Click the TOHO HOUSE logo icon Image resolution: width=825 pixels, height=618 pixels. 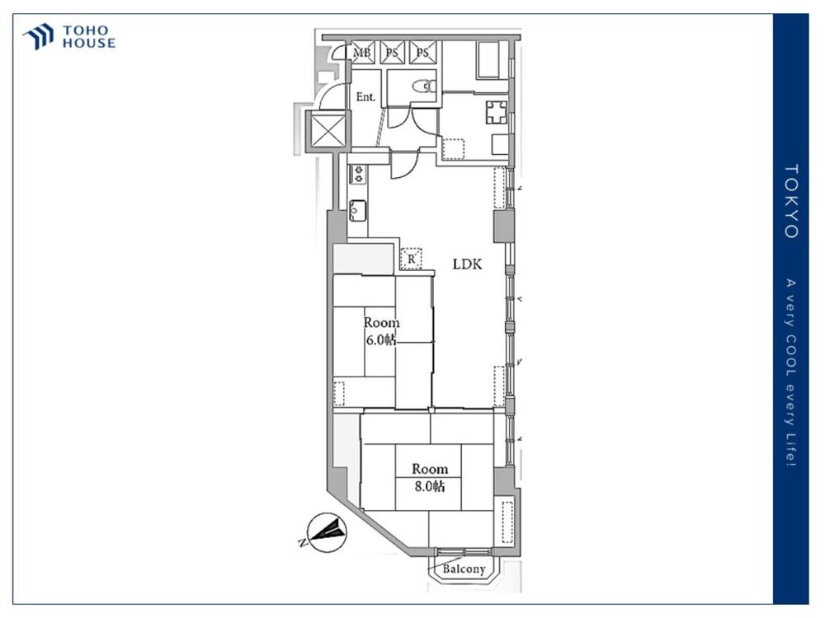click(x=38, y=36)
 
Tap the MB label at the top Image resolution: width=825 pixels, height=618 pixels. click(x=361, y=54)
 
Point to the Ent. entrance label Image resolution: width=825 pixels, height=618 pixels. click(x=365, y=97)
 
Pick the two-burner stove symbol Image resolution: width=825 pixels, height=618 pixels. click(x=359, y=174)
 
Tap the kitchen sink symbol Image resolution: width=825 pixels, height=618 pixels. click(x=357, y=210)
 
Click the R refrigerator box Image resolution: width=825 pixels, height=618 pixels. click(x=410, y=258)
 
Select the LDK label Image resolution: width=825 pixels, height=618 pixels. click(x=466, y=265)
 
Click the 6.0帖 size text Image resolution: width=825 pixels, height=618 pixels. click(x=381, y=339)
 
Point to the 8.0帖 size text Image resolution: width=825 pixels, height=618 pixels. click(x=430, y=485)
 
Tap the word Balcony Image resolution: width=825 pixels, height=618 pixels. click(x=464, y=569)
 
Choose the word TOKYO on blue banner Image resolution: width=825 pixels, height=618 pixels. click(x=790, y=201)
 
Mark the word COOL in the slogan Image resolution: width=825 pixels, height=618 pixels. click(x=790, y=354)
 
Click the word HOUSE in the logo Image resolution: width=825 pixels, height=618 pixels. click(x=89, y=43)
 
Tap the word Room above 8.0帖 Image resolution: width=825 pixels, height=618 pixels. click(x=430, y=469)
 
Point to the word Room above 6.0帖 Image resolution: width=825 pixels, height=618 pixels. click(x=381, y=323)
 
